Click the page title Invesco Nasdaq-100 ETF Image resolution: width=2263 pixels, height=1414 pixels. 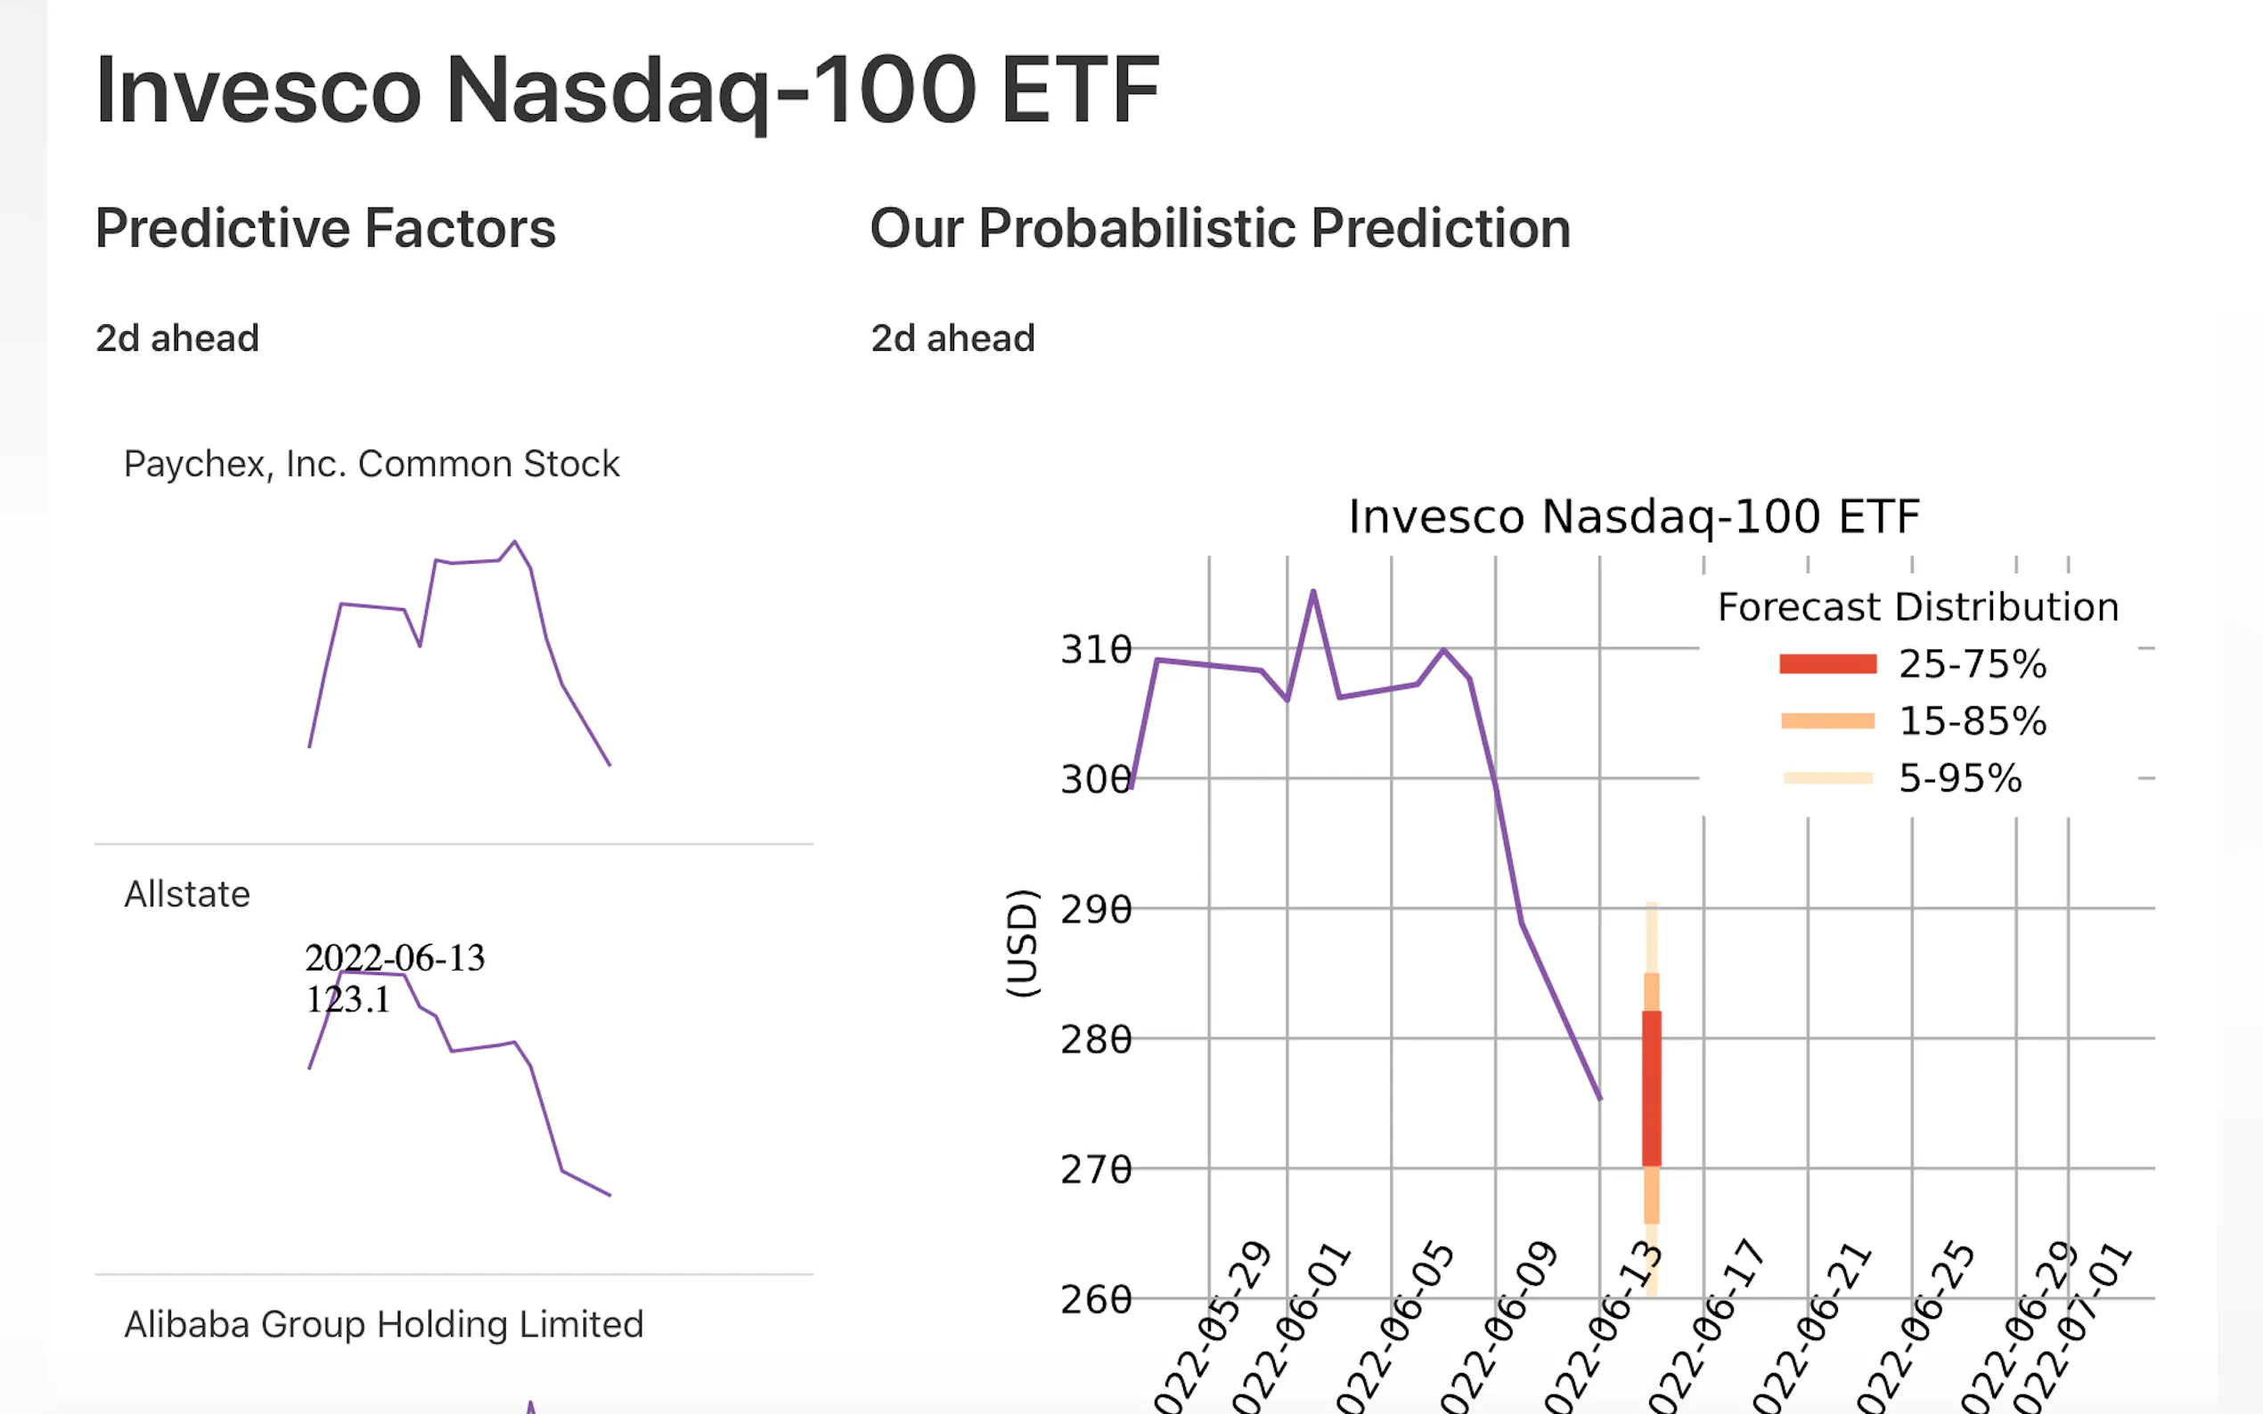(627, 91)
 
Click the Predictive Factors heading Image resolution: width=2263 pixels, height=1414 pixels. (324, 229)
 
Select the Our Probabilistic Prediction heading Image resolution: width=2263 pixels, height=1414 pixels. (1220, 229)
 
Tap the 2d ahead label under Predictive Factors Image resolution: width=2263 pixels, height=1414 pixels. (176, 338)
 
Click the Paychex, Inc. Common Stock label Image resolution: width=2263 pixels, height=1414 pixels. (372, 464)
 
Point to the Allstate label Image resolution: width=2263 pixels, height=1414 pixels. (187, 894)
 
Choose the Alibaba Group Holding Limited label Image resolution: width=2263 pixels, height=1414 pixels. (384, 1324)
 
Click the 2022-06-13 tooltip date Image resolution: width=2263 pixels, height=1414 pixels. (395, 957)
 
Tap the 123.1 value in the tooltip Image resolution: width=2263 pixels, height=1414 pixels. (347, 1000)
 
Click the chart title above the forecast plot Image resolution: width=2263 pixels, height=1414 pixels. (1633, 517)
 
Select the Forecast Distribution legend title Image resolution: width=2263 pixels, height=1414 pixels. (1918, 607)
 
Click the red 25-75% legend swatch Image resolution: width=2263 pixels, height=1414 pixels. (1827, 664)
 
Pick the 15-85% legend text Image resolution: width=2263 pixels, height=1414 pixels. (1972, 721)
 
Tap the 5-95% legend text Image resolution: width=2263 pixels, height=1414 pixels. (1960, 778)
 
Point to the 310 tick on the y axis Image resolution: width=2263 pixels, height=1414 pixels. (1095, 649)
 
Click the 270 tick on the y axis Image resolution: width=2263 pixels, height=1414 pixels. (1095, 1169)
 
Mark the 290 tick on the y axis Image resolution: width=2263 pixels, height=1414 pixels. (1095, 909)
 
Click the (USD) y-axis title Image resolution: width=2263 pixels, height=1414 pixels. (1022, 943)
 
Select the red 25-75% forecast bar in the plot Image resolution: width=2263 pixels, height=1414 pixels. (1651, 1087)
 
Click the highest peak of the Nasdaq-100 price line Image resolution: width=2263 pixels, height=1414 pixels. (1313, 591)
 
